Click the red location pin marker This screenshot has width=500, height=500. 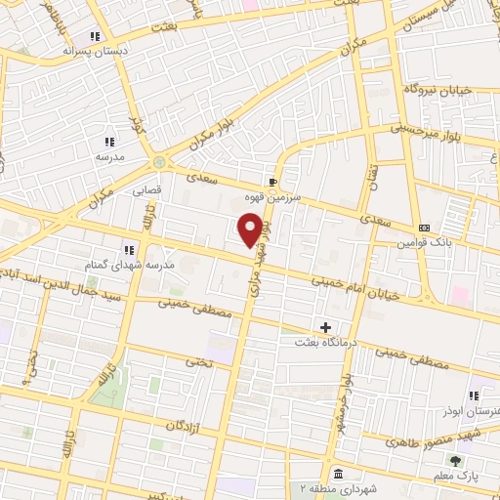(x=250, y=229)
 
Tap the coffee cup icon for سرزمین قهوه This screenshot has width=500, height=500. (x=273, y=181)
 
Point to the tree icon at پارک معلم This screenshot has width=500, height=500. (x=455, y=461)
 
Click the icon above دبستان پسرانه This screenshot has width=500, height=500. (x=95, y=36)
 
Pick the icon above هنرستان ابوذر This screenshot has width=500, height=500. (x=474, y=396)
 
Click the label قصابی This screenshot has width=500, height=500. (x=147, y=191)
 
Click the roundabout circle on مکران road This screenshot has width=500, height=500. (x=159, y=162)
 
